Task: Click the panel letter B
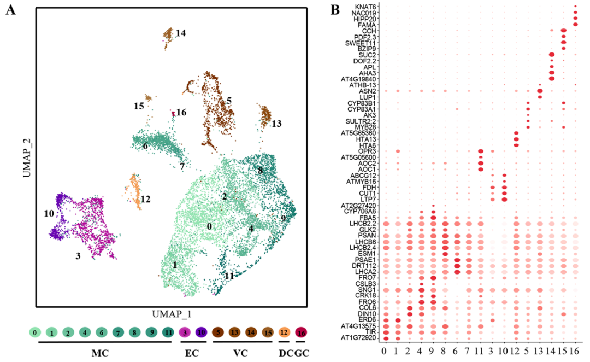click(x=335, y=10)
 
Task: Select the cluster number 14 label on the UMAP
click(x=181, y=33)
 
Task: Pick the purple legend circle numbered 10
click(x=201, y=332)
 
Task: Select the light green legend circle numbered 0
click(x=35, y=332)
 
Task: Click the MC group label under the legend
click(x=99, y=353)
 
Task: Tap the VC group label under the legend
click(x=240, y=353)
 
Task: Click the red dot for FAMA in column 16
click(x=575, y=25)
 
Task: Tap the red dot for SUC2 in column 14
click(x=552, y=55)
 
